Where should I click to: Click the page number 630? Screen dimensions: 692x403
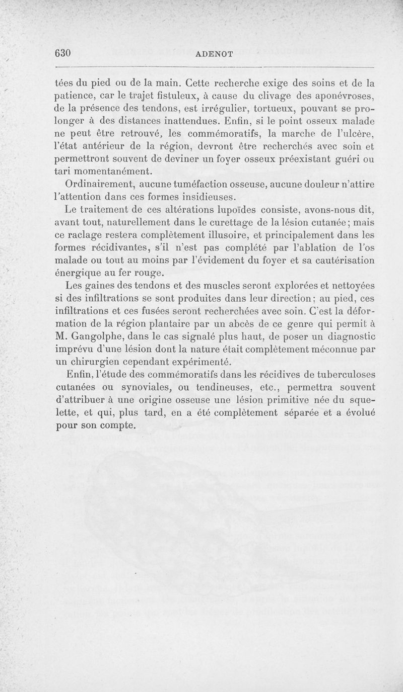pos(64,53)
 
